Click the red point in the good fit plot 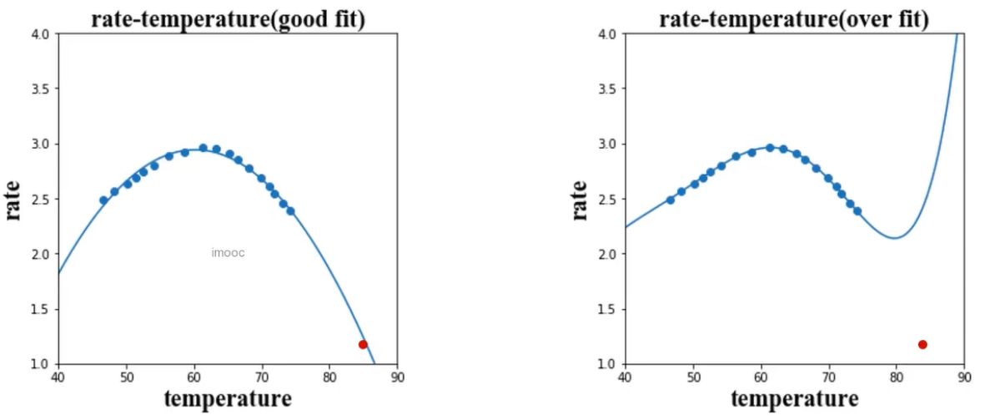pyautogui.click(x=363, y=344)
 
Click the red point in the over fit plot pyautogui.click(x=922, y=344)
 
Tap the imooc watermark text pyautogui.click(x=228, y=253)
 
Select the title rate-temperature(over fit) pyautogui.click(x=793, y=18)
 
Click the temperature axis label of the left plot pyautogui.click(x=228, y=399)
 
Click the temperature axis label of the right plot pyautogui.click(x=794, y=399)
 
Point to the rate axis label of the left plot pyautogui.click(x=14, y=200)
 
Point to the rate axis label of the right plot pyautogui.click(x=580, y=200)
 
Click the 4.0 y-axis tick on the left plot pyautogui.click(x=41, y=34)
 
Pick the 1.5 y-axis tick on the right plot pyautogui.click(x=607, y=310)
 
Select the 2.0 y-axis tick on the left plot pyautogui.click(x=41, y=254)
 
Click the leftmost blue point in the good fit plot pyautogui.click(x=103, y=200)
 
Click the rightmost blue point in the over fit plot pyautogui.click(x=857, y=211)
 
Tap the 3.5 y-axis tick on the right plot pyautogui.click(x=607, y=89)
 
